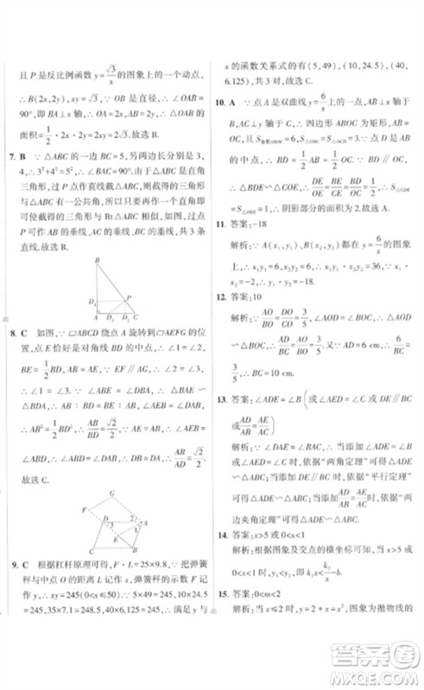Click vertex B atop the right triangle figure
(97, 259)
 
